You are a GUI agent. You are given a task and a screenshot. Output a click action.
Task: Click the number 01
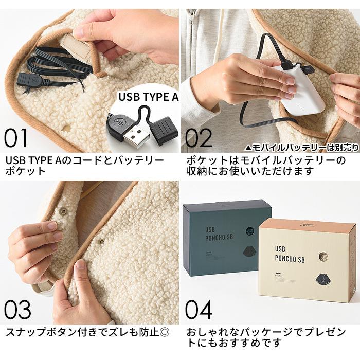click(x=17, y=138)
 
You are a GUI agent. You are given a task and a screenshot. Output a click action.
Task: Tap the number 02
click(x=199, y=138)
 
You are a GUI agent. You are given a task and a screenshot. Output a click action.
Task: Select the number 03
click(x=17, y=311)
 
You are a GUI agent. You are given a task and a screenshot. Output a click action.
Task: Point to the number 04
click(x=199, y=311)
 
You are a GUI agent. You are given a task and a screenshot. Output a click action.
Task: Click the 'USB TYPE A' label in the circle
click(x=148, y=97)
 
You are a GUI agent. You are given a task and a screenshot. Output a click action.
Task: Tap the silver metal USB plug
click(x=135, y=136)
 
